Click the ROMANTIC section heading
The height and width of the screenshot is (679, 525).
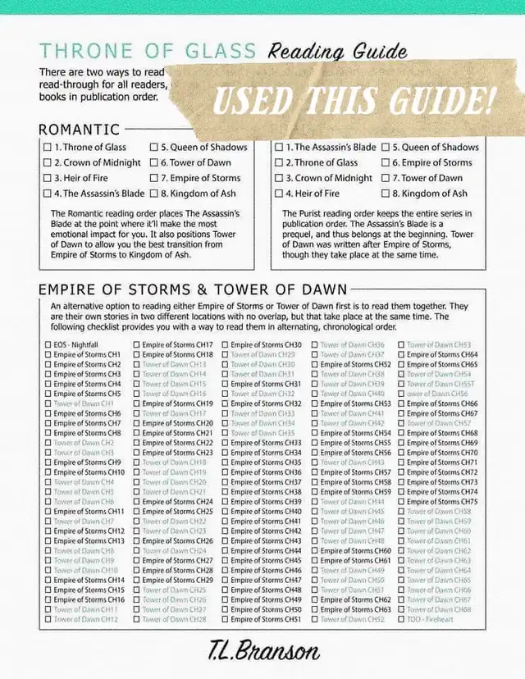click(x=79, y=130)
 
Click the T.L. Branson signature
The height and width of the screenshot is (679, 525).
click(x=264, y=653)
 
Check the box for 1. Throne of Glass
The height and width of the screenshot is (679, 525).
click(x=48, y=148)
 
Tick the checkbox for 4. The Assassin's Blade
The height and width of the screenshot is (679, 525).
click(x=48, y=194)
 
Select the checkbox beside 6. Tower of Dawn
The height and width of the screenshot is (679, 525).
click(x=155, y=162)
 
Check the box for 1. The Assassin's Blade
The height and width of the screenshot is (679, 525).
click(x=279, y=148)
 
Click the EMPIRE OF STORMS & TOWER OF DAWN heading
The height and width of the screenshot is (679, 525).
click(x=193, y=289)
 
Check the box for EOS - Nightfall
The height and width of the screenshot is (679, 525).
click(x=48, y=344)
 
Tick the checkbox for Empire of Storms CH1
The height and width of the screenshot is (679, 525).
click(x=48, y=354)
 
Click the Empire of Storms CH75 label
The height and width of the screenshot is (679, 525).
click(x=442, y=502)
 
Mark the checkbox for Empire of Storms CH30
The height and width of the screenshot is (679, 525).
click(x=225, y=344)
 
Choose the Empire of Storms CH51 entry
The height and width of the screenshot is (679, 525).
click(x=266, y=620)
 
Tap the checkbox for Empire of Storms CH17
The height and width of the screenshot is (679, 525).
click(x=136, y=344)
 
